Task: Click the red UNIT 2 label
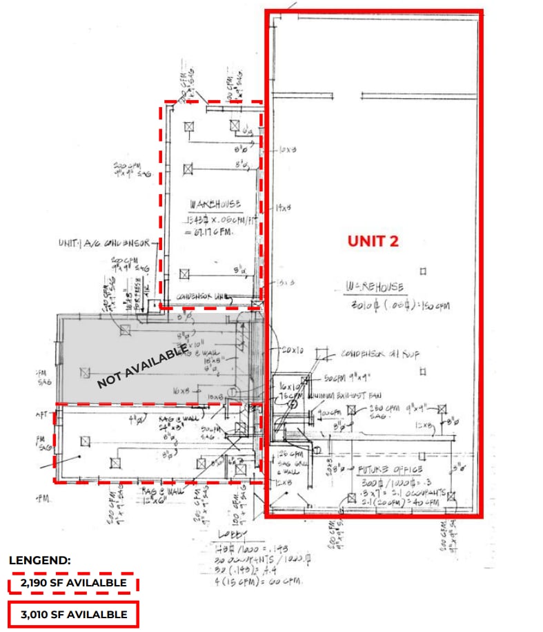point(373,241)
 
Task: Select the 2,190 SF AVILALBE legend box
point(73,583)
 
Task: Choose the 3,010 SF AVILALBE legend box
point(73,614)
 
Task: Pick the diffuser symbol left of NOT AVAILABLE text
point(85,372)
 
